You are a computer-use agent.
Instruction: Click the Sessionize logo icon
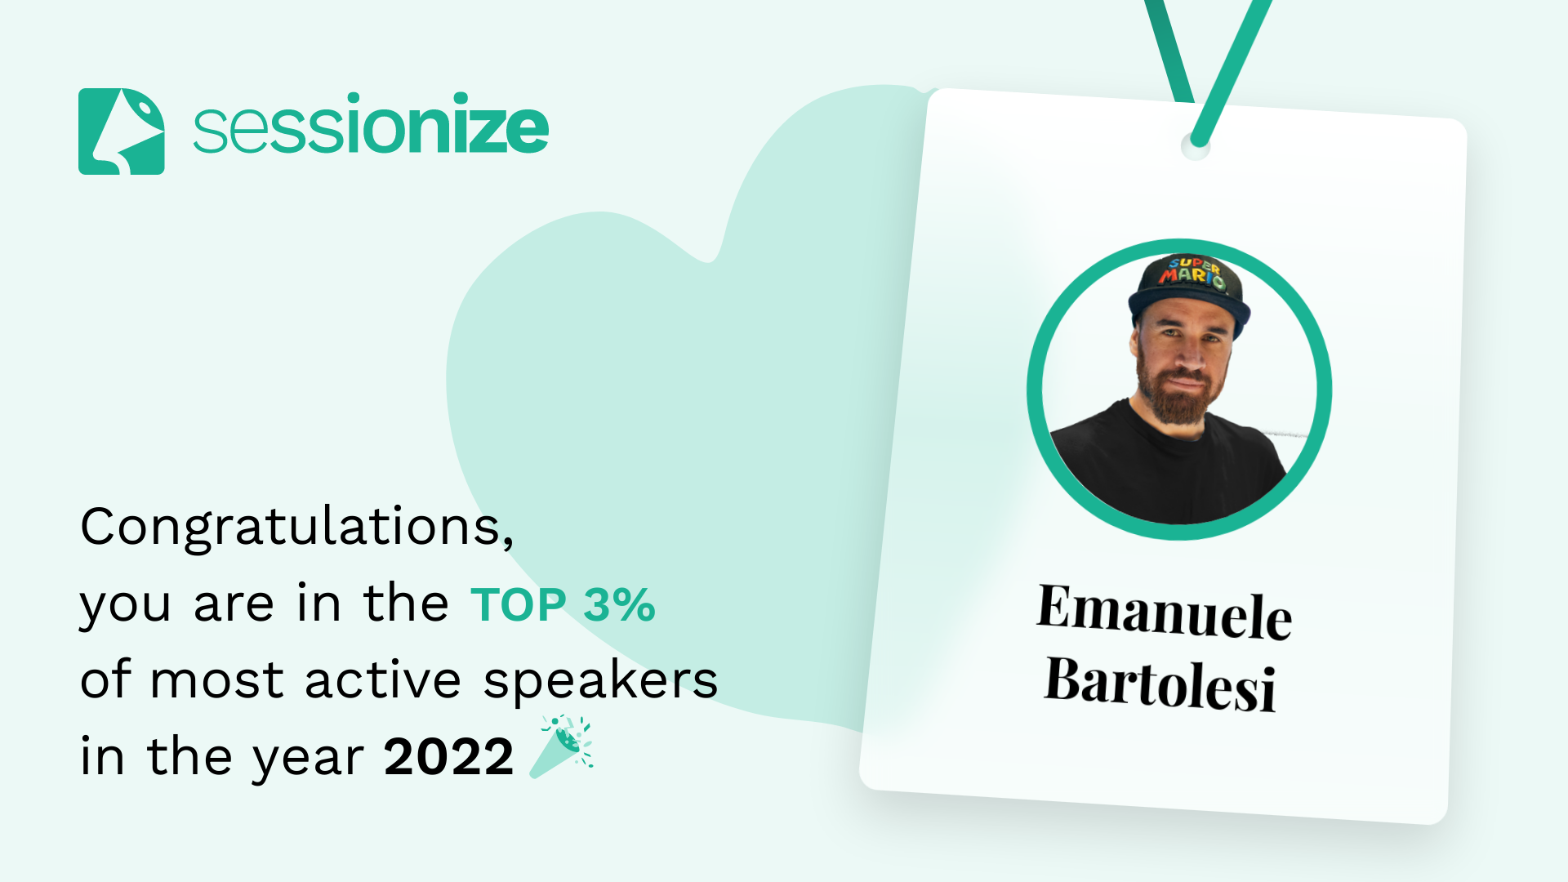tap(121, 131)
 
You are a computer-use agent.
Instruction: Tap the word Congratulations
tap(297, 527)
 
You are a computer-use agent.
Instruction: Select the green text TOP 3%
tap(563, 605)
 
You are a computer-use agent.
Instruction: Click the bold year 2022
tap(449, 757)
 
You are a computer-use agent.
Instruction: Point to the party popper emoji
tap(561, 746)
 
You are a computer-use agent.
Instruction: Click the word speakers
tap(600, 682)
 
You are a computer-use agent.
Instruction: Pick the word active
tap(383, 680)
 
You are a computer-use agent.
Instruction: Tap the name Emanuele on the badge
tap(1165, 612)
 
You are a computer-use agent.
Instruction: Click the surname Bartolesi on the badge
tap(1160, 684)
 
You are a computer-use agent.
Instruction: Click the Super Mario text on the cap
tap(1192, 274)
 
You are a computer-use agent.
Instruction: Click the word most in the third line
tap(216, 682)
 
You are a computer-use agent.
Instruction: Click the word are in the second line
tap(234, 606)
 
